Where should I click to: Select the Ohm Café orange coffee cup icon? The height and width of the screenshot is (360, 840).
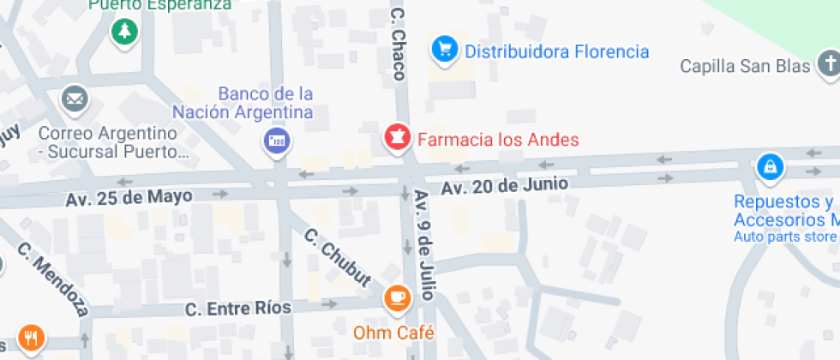pyautogui.click(x=396, y=297)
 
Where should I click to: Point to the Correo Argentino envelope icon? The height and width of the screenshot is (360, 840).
pyautogui.click(x=75, y=100)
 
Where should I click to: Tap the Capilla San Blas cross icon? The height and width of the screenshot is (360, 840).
pyautogui.click(x=828, y=63)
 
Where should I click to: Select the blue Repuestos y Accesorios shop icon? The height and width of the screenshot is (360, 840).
pyautogui.click(x=770, y=165)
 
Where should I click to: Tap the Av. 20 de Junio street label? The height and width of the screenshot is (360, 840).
pyautogui.click(x=504, y=184)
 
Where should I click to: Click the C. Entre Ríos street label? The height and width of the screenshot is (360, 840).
pyautogui.click(x=237, y=307)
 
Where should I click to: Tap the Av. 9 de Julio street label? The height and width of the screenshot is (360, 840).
pyautogui.click(x=425, y=245)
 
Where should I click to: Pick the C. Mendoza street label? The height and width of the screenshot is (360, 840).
pyautogui.click(x=53, y=279)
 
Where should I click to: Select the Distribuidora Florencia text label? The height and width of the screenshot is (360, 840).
pyautogui.click(x=556, y=51)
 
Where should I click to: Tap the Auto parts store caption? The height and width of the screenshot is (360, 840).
pyautogui.click(x=784, y=237)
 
